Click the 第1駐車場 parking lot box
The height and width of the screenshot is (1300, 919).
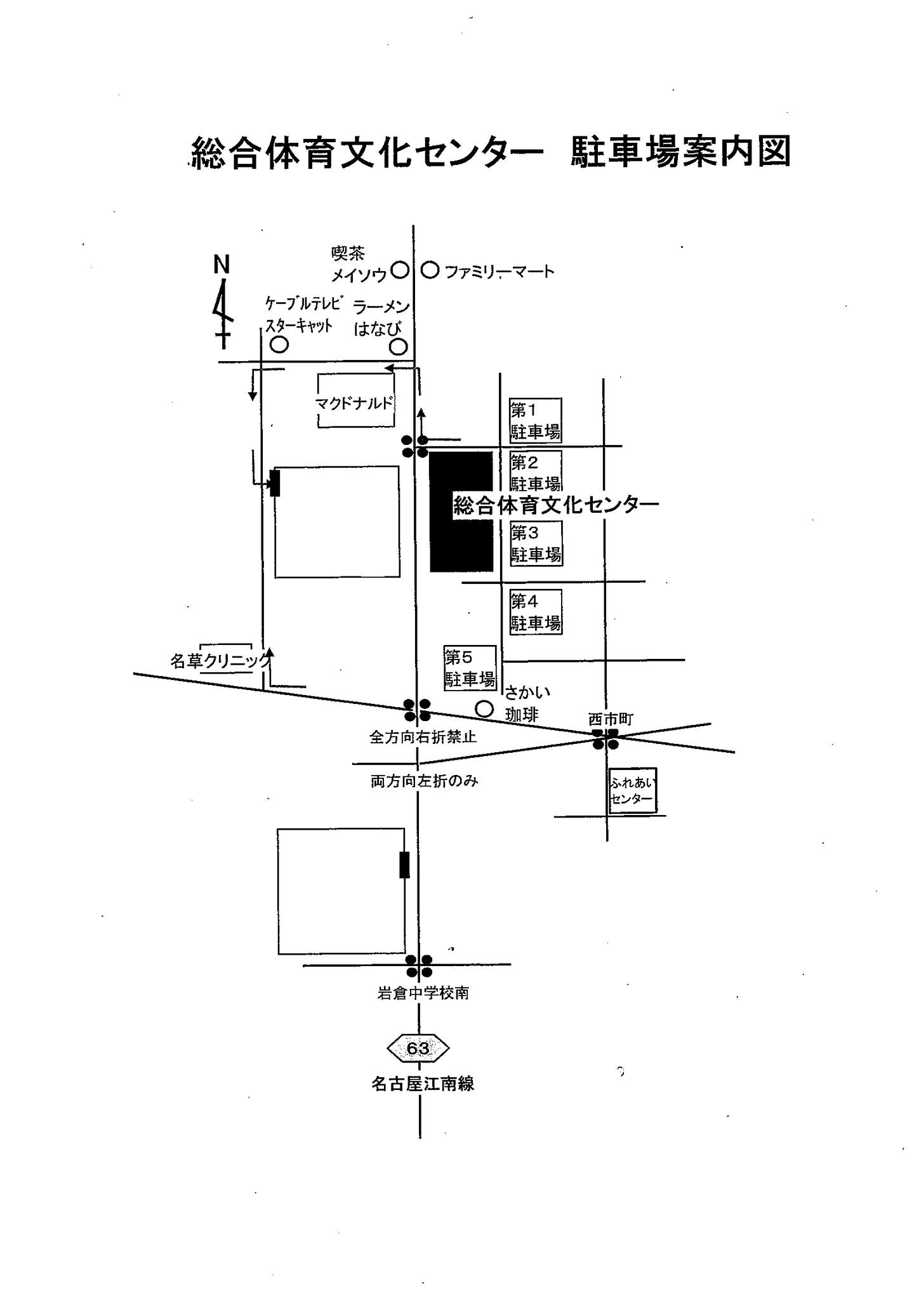coord(535,420)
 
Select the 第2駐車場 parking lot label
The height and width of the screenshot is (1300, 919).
coord(535,472)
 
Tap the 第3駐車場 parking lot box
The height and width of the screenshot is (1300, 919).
coord(536,543)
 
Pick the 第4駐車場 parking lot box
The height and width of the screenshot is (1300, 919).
coord(536,612)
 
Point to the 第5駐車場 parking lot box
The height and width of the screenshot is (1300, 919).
coord(470,668)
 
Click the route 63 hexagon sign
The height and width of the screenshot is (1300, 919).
coord(418,1048)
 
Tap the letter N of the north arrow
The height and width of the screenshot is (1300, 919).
coord(221,265)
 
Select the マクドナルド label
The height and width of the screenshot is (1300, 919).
coord(355,402)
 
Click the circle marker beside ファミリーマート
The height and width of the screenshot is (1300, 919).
coord(430,270)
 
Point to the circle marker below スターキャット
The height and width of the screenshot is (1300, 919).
coord(279,345)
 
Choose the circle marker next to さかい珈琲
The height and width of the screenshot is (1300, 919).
coord(484,708)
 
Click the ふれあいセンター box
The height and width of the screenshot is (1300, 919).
coord(632,791)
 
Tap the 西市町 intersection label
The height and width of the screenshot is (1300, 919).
coord(611,719)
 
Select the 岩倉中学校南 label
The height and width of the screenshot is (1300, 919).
coord(423,993)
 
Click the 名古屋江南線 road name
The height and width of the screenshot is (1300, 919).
coord(423,1084)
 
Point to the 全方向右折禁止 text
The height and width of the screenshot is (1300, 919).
coord(423,737)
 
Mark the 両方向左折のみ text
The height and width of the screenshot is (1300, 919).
coord(424,781)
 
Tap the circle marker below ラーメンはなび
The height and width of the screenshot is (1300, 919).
coord(398,347)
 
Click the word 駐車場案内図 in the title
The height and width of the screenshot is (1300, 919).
coord(680,152)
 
